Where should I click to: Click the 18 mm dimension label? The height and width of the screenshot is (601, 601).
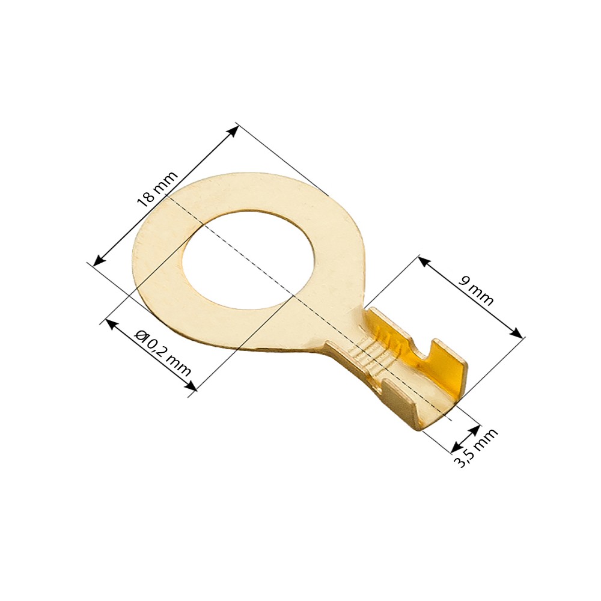point(157,189)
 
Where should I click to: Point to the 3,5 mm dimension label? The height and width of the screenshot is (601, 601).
point(475,447)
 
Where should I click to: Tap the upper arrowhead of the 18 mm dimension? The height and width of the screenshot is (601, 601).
point(232,132)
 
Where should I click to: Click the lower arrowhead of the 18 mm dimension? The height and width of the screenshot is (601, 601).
point(100,259)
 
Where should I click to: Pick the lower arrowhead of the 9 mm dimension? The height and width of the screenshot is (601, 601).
point(516,332)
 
